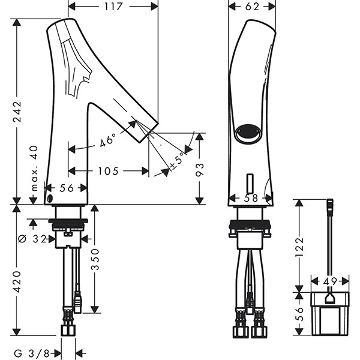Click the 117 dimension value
113,7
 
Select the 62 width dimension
252,7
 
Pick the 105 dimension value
107,171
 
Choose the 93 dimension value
200,169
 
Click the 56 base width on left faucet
67,188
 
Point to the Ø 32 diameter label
33,239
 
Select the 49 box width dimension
329,280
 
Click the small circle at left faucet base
51,200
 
